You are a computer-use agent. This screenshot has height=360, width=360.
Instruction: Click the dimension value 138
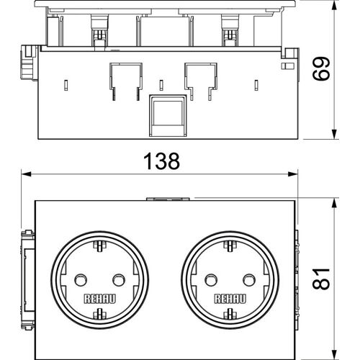click(161, 161)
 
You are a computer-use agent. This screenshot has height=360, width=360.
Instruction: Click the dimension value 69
click(321, 68)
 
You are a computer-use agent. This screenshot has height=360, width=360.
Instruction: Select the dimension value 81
click(321, 279)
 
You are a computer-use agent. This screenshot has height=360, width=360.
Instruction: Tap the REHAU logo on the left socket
click(100, 299)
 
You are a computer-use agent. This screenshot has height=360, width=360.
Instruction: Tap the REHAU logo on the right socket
click(230, 299)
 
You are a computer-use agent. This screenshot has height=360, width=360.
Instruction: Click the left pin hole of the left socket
click(81, 280)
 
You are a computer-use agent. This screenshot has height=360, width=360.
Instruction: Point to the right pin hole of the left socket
click(119, 280)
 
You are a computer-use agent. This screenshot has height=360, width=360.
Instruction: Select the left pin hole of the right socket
click(211, 280)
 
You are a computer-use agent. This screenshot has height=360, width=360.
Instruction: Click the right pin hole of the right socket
click(249, 280)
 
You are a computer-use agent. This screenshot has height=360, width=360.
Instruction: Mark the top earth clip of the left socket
click(100, 246)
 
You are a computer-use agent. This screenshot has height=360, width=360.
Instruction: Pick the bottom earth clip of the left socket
click(100, 314)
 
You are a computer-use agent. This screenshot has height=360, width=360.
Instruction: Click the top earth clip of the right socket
click(230, 246)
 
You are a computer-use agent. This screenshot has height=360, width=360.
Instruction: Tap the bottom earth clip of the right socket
click(230, 314)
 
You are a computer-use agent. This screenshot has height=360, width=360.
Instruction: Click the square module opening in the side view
click(168, 116)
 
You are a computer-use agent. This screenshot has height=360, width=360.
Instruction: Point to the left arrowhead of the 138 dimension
click(27, 174)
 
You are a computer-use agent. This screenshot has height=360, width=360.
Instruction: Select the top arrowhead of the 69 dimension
click(334, 6)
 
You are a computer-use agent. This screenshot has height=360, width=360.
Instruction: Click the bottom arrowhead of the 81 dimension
click(334, 355)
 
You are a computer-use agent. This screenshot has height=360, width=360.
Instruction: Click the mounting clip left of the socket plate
click(28, 280)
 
